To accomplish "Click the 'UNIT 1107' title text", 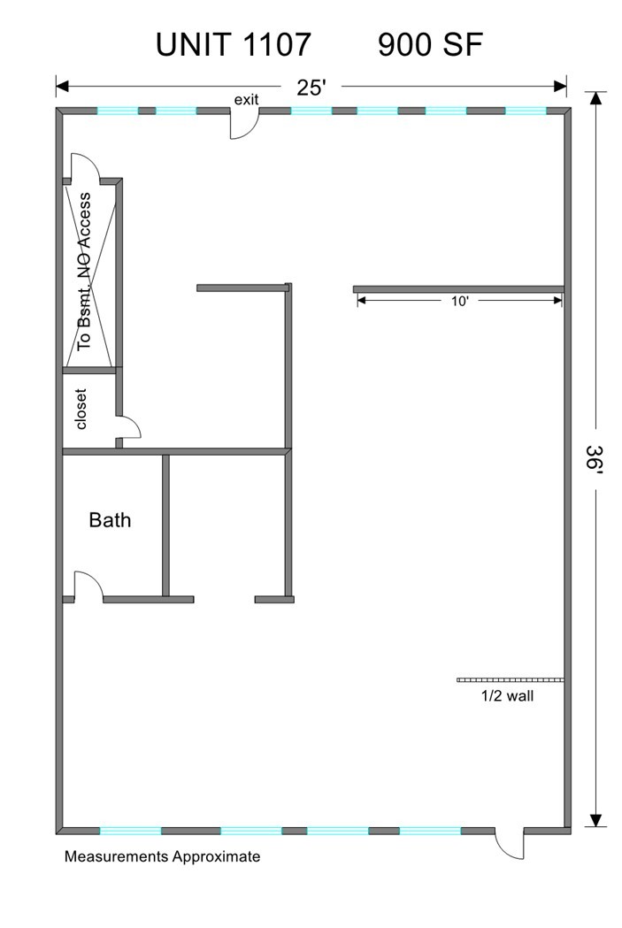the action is (234, 44).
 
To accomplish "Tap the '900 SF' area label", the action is (430, 44).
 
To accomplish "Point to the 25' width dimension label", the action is (311, 88).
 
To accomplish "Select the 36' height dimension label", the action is (595, 456).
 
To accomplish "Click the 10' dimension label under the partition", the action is (460, 302).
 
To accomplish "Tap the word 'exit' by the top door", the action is (246, 99).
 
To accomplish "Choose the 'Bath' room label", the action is (110, 519).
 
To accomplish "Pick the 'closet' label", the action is (81, 409).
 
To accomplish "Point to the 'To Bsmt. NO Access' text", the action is (85, 271).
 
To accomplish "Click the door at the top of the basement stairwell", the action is (85, 166).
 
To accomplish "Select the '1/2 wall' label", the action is (507, 696).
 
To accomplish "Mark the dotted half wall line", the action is (510, 680).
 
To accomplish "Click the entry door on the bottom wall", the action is (510, 843).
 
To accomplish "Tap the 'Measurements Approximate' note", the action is (162, 856).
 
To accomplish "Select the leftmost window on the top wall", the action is (117, 111).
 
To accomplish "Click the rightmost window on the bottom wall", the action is (430, 831).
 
